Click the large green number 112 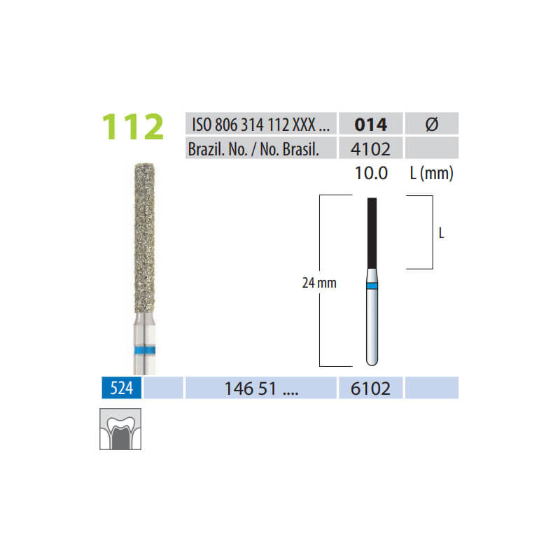tap(133, 127)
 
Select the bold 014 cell tap(371, 124)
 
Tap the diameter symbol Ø tap(432, 124)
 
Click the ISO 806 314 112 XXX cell tap(260, 124)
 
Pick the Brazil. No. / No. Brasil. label tap(253, 149)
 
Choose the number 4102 tap(370, 149)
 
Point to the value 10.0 tap(371, 173)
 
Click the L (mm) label tap(432, 174)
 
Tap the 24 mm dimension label tap(319, 283)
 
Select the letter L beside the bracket tap(442, 233)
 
